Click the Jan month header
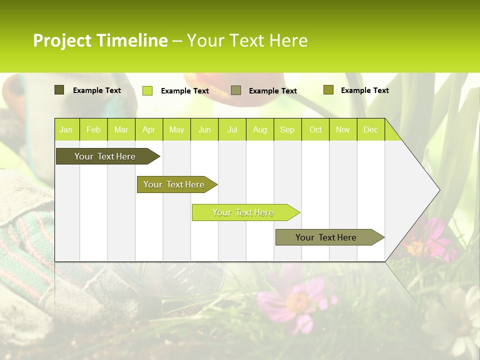(x=66, y=129)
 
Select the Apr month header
(x=148, y=129)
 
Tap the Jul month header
(x=232, y=129)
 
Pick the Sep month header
(x=287, y=129)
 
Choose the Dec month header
(x=370, y=129)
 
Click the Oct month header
(x=315, y=129)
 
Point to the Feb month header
(x=93, y=129)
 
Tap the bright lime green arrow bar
(x=243, y=212)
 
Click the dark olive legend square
(x=59, y=90)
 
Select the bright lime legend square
(x=147, y=90)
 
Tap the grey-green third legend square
(x=236, y=90)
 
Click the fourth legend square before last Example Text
(x=328, y=89)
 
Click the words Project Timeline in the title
(x=100, y=40)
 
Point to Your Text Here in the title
(x=247, y=40)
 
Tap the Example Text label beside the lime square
(x=184, y=91)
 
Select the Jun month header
(x=204, y=129)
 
